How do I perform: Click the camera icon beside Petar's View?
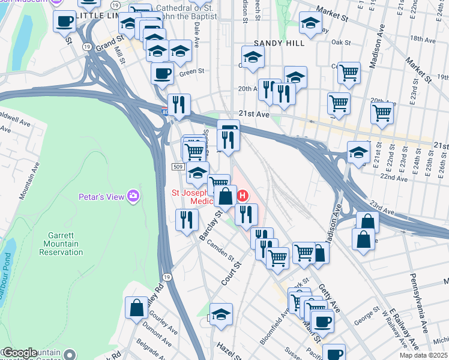(134, 196)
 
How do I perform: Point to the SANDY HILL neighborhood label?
(279, 43)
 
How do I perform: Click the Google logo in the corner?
(20, 353)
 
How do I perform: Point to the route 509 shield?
(177, 166)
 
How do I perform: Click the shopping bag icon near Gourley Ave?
(137, 308)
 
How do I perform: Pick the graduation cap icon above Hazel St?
(221, 314)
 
